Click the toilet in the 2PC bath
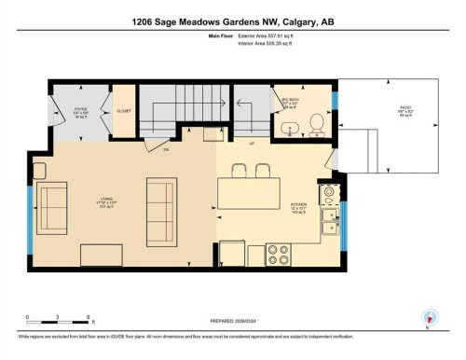(x=316, y=121)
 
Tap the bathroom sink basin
(x=290, y=127)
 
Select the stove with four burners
(x=279, y=252)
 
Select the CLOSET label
(x=123, y=111)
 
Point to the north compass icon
(x=430, y=317)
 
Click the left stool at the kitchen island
(x=237, y=170)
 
